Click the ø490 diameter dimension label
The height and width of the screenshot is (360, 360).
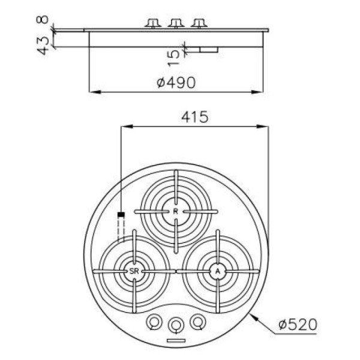point(176,83)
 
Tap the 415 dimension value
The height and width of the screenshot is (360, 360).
point(194,117)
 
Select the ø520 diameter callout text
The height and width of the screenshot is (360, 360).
point(298,325)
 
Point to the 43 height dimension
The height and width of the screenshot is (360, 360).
point(43,46)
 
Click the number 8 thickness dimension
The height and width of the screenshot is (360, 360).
point(42,19)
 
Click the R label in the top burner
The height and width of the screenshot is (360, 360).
point(175,211)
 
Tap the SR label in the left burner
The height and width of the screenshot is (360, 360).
point(134,271)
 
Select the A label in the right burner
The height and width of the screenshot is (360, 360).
point(218,271)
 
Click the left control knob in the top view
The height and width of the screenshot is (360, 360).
point(154,322)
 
